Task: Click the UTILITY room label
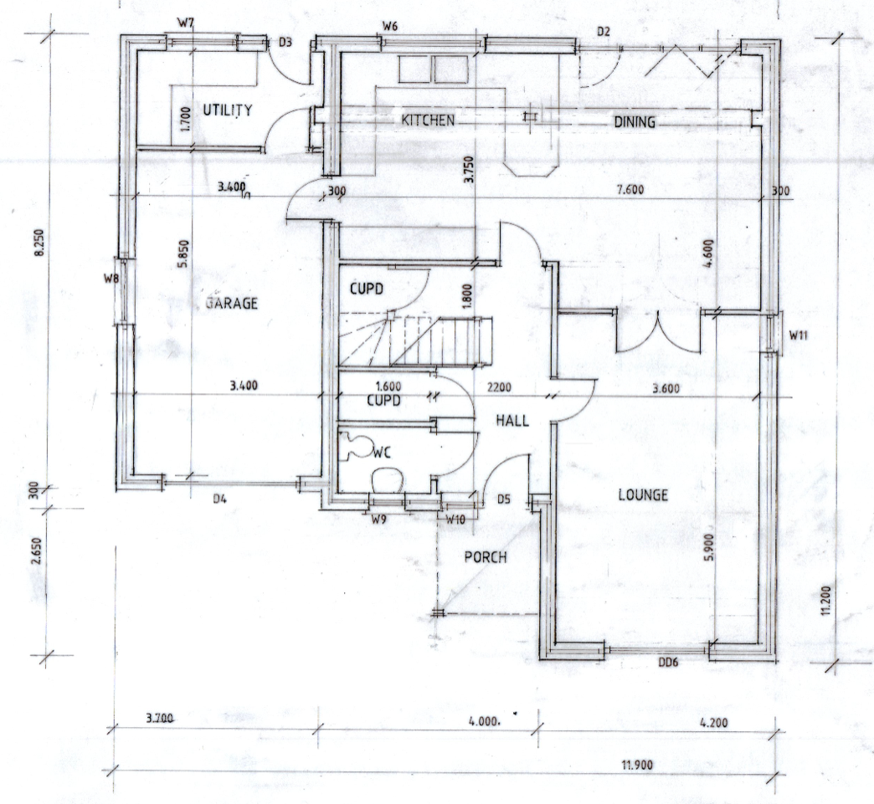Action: pyautogui.click(x=228, y=110)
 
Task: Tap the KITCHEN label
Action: pyautogui.click(x=428, y=120)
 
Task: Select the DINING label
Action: pyautogui.click(x=635, y=123)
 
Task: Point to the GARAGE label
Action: pyautogui.click(x=231, y=304)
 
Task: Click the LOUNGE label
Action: pyautogui.click(x=643, y=495)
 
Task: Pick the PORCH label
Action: pyautogui.click(x=486, y=557)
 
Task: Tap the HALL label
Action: pyautogui.click(x=512, y=421)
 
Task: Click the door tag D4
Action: pyautogui.click(x=219, y=499)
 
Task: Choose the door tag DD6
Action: pyautogui.click(x=666, y=663)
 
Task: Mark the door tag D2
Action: pyautogui.click(x=604, y=32)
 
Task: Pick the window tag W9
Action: pyautogui.click(x=379, y=520)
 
